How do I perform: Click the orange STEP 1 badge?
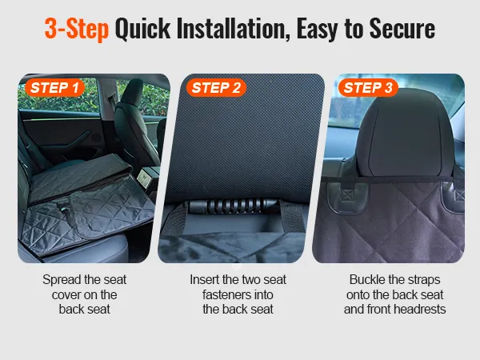(x=54, y=88)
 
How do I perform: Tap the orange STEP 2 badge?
(x=217, y=88)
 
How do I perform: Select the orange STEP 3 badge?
(x=368, y=88)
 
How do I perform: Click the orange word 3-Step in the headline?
(x=77, y=29)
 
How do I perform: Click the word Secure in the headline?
(x=402, y=29)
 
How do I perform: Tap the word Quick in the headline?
(x=142, y=29)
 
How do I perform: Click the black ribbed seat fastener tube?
(x=234, y=206)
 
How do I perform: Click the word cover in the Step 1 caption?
(x=66, y=295)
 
